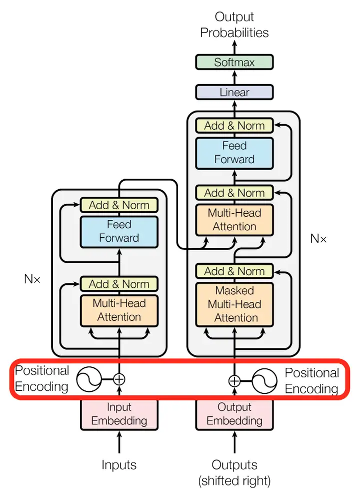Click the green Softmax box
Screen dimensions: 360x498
[234, 62]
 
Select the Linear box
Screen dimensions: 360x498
[234, 92]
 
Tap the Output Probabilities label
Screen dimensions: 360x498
[234, 25]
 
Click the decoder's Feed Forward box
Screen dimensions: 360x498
[234, 153]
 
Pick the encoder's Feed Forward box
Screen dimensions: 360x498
[119, 232]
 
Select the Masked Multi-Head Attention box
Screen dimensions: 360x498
[234, 304]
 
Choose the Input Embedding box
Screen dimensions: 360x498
[119, 414]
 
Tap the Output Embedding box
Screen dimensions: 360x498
[234, 414]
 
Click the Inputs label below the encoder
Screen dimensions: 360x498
[119, 464]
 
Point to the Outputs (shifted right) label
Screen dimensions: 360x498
[234, 472]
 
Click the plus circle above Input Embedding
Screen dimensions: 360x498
[119, 379]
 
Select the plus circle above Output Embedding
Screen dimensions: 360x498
[234, 381]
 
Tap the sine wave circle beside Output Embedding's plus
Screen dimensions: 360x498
[264, 381]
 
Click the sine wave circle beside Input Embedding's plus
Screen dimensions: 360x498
[89, 379]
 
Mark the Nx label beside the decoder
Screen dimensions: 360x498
[318, 239]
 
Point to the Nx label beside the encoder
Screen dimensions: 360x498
[32, 279]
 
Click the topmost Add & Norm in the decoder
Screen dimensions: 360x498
[234, 126]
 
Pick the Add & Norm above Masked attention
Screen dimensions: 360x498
[234, 271]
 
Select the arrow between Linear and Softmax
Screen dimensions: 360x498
[234, 77]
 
